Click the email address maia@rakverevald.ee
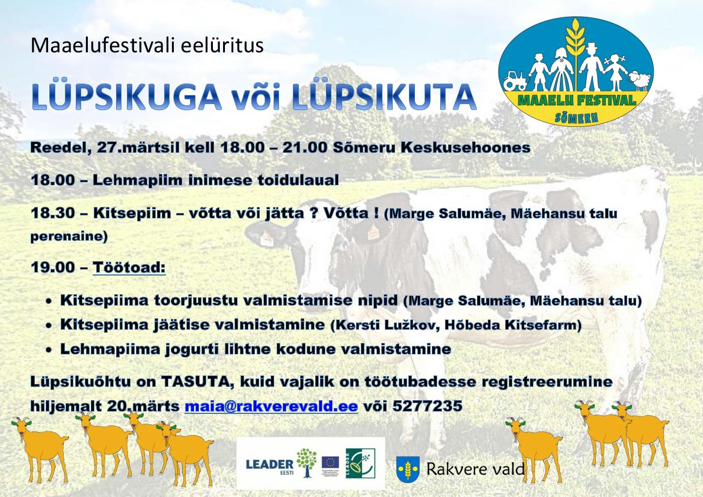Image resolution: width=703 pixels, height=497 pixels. pyautogui.click(x=271, y=406)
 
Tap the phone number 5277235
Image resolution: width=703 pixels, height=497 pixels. pyautogui.click(x=427, y=406)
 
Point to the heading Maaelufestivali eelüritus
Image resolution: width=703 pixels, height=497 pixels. pyautogui.click(x=147, y=45)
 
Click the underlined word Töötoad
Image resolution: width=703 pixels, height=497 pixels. pyautogui.click(x=129, y=267)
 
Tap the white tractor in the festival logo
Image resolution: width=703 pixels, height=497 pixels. pyautogui.click(x=515, y=82)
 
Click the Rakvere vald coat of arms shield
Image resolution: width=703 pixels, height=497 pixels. pyautogui.click(x=408, y=469)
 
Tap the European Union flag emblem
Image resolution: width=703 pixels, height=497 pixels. pyautogui.click(x=330, y=463)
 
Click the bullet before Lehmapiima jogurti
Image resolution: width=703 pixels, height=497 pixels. pyautogui.click(x=49, y=350)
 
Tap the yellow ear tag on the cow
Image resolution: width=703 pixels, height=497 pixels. pyautogui.click(x=372, y=232)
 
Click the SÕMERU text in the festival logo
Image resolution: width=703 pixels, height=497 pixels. pyautogui.click(x=576, y=118)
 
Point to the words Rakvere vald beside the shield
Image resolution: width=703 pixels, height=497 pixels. pyautogui.click(x=475, y=469)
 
